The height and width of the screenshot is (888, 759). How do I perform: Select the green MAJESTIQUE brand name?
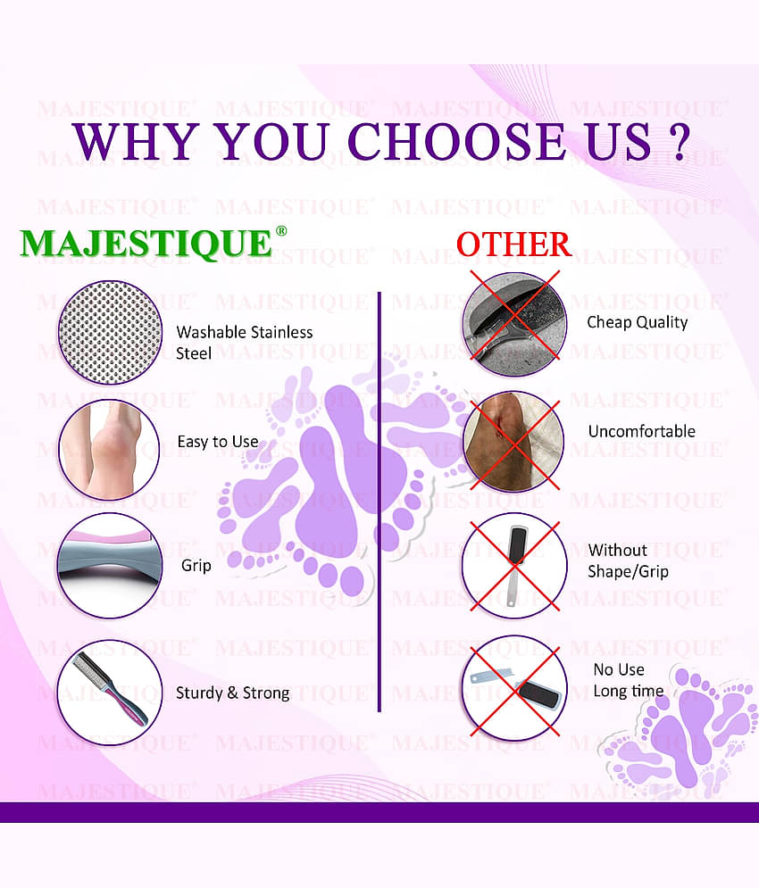click(x=146, y=244)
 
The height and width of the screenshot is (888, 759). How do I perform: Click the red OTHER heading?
click(x=513, y=244)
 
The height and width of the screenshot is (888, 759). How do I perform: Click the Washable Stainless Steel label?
click(x=244, y=343)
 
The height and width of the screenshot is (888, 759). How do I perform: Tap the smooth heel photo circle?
click(x=110, y=444)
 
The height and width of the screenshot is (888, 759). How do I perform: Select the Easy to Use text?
click(x=218, y=442)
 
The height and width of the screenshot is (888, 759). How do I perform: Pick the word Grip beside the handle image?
click(x=196, y=566)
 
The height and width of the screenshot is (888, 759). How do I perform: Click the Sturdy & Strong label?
click(x=232, y=693)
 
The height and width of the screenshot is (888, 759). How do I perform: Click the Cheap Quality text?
click(x=637, y=322)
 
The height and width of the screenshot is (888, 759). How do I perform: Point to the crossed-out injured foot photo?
click(x=513, y=442)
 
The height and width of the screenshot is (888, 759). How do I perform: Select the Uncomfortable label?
click(x=641, y=432)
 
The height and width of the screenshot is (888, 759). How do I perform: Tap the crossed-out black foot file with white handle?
click(x=515, y=566)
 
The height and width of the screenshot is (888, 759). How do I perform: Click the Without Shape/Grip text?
click(x=628, y=560)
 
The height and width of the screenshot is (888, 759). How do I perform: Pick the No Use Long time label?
click(x=628, y=680)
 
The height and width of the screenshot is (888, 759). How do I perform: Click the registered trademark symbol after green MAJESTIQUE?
click(x=281, y=231)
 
